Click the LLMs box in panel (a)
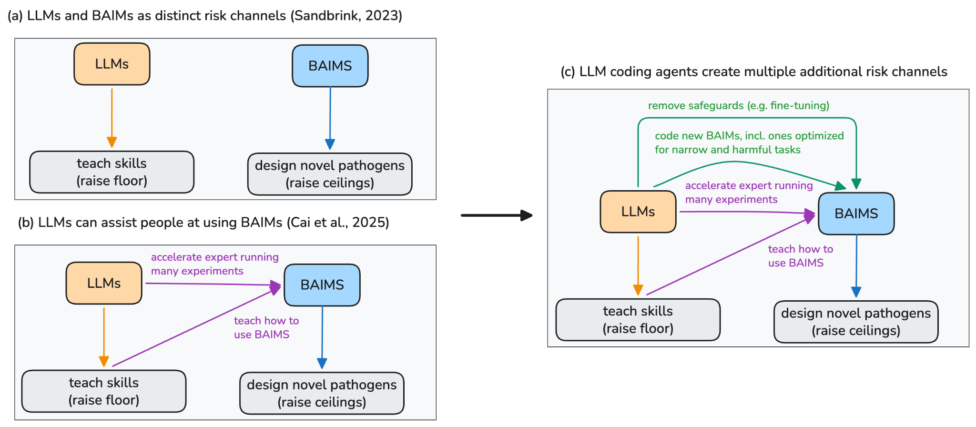point(112,64)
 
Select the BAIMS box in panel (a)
point(330,66)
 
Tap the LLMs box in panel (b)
point(104,283)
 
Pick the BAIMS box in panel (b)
point(322,285)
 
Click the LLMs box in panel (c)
point(638,212)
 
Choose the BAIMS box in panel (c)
point(856,213)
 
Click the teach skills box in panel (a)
point(112,172)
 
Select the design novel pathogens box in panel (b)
point(322,393)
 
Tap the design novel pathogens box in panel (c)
point(856,322)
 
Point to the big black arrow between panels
point(496,215)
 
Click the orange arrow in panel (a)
point(112,117)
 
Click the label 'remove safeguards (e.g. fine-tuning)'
point(738,105)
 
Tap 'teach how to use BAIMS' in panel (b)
point(266,327)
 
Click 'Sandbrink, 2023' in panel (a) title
point(346,16)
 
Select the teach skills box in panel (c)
point(638,320)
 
